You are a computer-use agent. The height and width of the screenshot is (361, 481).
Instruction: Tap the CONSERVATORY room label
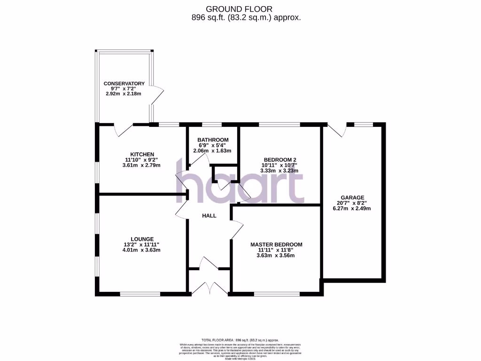pyautogui.click(x=124, y=84)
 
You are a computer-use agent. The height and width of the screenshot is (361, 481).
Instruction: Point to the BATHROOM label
pyautogui.click(x=213, y=140)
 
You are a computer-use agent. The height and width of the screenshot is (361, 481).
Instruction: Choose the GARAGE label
pyautogui.click(x=353, y=198)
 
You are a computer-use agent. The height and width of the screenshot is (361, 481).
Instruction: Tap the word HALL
pyautogui.click(x=209, y=216)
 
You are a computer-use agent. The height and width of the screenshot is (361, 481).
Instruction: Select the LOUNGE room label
pyautogui.click(x=142, y=239)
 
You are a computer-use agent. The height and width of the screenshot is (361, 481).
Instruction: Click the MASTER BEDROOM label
pyautogui.click(x=276, y=245)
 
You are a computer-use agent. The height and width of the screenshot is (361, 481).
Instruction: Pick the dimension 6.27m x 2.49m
pyautogui.click(x=353, y=208)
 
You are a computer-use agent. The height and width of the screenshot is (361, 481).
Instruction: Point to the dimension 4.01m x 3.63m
pyautogui.click(x=142, y=250)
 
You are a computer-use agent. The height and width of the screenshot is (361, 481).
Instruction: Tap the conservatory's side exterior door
pyautogui.click(x=158, y=96)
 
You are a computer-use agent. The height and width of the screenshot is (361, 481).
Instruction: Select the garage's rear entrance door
pyautogui.click(x=337, y=130)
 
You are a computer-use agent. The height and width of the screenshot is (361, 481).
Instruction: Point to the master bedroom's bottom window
pyautogui.click(x=277, y=294)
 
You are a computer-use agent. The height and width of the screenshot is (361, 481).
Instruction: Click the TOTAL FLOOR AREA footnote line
pyautogui.click(x=240, y=340)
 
